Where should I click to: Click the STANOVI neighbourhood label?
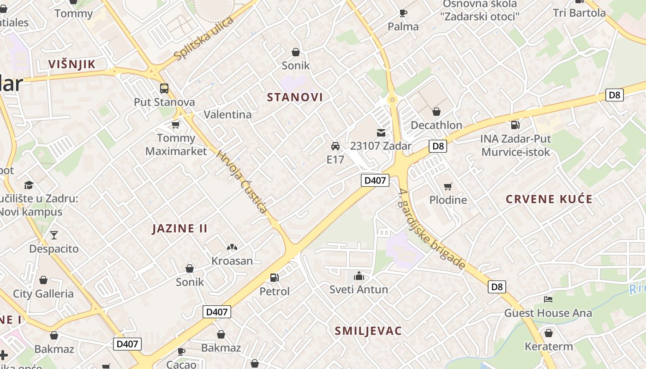click(x=295, y=97)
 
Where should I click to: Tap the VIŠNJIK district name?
click(x=72, y=64)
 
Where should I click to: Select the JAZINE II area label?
click(x=180, y=228)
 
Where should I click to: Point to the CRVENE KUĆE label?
click(x=549, y=199)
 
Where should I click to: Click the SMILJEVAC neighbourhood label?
click(x=368, y=331)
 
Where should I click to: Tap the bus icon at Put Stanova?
click(x=164, y=88)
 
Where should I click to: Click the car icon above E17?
click(x=335, y=146)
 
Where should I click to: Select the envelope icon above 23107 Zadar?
click(x=381, y=133)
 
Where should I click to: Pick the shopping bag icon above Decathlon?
click(x=436, y=112)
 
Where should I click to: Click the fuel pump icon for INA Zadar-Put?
click(x=515, y=125)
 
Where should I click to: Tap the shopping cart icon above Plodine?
click(x=448, y=186)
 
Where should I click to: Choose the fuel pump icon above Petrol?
click(x=275, y=277)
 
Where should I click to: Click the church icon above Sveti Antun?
click(x=359, y=276)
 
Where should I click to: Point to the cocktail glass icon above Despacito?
click(x=54, y=235)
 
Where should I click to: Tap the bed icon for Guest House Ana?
click(x=548, y=299)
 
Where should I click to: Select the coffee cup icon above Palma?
click(x=403, y=13)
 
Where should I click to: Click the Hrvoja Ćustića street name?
click(x=241, y=182)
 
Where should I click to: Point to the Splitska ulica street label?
click(x=204, y=39)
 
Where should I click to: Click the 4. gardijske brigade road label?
click(x=432, y=229)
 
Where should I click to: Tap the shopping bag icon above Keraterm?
click(x=549, y=333)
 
